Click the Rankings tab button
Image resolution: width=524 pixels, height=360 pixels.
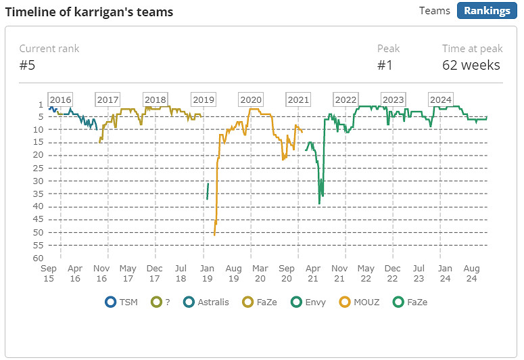tap(487, 11)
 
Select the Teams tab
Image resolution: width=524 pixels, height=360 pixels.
tap(435, 11)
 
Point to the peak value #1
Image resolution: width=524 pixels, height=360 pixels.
tap(385, 65)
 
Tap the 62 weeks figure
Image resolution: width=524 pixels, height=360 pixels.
tap(471, 65)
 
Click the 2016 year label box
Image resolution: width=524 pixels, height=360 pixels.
tap(60, 99)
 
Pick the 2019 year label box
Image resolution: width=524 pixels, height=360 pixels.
tap(204, 99)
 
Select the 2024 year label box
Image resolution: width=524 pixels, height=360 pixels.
tap(441, 99)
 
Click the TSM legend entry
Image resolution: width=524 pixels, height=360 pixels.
tap(122, 302)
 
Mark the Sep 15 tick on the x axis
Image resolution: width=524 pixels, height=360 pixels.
tap(49, 273)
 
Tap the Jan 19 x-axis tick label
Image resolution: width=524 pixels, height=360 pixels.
tap(208, 273)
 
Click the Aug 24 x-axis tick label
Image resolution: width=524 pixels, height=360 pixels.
tap(473, 273)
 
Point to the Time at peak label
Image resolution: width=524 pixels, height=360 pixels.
tap(473, 49)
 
